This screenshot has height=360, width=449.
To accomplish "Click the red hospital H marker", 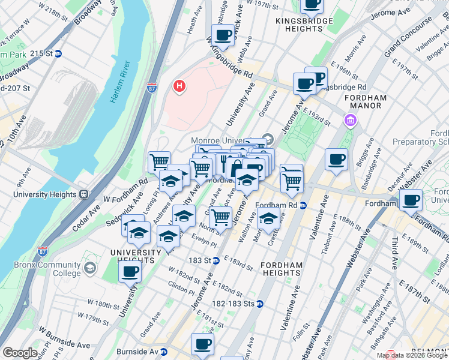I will [x=178, y=87].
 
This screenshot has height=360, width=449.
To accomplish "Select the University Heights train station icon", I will [x=84, y=194].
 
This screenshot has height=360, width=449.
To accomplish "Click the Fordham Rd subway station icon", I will [x=303, y=205].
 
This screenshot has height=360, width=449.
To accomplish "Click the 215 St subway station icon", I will [x=58, y=53].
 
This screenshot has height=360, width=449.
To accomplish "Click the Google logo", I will [x=20, y=353].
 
